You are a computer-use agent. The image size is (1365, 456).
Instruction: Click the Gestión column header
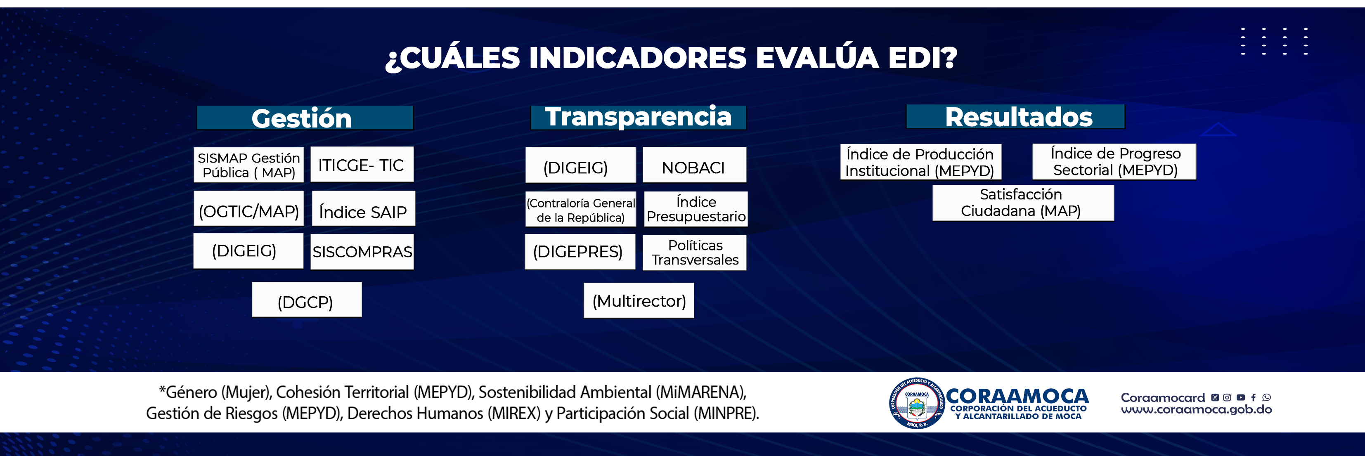tap(305, 118)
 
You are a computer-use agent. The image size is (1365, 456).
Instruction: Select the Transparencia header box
tap(639, 117)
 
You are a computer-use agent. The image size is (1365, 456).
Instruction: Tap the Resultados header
tap(1015, 116)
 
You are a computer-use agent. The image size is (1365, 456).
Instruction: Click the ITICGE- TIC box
tap(362, 165)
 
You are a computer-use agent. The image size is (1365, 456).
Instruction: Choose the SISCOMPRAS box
tap(362, 252)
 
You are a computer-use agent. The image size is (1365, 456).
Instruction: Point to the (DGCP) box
tap(307, 300)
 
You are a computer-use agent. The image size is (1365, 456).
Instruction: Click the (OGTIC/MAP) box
tap(248, 209)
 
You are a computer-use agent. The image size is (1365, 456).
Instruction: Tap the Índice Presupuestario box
tap(696, 209)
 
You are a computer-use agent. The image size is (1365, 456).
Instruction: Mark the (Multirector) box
tap(639, 300)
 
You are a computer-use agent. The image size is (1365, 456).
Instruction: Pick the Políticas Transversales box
tap(695, 253)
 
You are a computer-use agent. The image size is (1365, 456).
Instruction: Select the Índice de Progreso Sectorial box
tap(1114, 161)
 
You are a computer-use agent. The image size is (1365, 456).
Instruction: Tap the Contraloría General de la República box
tap(581, 209)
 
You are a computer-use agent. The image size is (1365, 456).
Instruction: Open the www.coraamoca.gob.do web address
tap(1196, 409)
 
